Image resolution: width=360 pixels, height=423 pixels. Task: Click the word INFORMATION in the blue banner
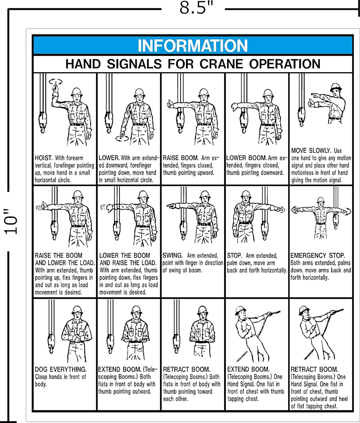click(x=193, y=46)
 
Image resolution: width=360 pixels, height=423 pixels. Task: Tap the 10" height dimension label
click(x=12, y=222)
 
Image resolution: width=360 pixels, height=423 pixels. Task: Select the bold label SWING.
click(x=173, y=255)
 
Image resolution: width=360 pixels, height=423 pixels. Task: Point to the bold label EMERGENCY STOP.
click(x=318, y=256)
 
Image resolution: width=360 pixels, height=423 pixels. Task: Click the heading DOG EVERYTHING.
click(x=61, y=369)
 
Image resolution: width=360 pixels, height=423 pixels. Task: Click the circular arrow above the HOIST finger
click(x=56, y=82)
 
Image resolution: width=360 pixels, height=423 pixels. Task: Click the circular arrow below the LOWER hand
click(x=122, y=138)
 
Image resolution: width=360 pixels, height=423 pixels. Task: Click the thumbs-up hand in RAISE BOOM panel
click(x=171, y=105)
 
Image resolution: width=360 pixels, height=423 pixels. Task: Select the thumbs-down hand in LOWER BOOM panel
click(x=235, y=107)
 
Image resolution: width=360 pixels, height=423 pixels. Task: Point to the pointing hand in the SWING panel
click(x=171, y=206)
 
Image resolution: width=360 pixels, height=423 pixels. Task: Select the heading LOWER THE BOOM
click(x=125, y=256)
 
